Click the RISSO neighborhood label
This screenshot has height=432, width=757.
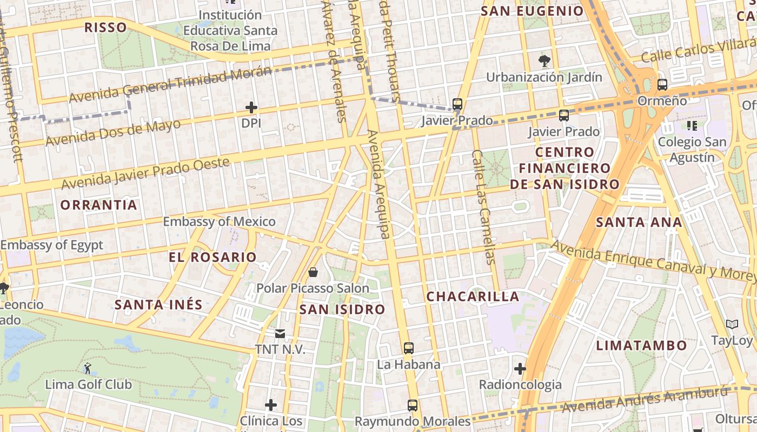pyautogui.click(x=105, y=28)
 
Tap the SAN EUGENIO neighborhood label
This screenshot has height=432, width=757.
pyautogui.click(x=532, y=11)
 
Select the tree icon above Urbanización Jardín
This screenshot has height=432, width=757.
pyautogui.click(x=544, y=60)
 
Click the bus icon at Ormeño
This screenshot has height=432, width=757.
pyautogui.click(x=662, y=85)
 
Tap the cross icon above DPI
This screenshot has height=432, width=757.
pyautogui.click(x=251, y=107)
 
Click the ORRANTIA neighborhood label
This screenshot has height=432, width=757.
pyautogui.click(x=98, y=205)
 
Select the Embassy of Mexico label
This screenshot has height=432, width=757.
pyautogui.click(x=219, y=221)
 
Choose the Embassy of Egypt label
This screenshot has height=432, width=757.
pyautogui.click(x=51, y=245)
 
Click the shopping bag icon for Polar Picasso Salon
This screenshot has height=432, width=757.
pyautogui.click(x=313, y=272)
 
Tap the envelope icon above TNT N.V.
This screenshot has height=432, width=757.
pyautogui.click(x=280, y=334)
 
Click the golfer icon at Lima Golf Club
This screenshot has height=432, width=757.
pyautogui.click(x=88, y=369)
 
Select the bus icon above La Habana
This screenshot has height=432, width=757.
pyautogui.click(x=409, y=348)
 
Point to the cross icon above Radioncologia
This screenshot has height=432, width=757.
pyautogui.click(x=520, y=369)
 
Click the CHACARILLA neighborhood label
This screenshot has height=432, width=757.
pyautogui.click(x=473, y=296)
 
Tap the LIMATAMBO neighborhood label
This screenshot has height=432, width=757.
pyautogui.click(x=641, y=345)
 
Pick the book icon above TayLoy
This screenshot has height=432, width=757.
pyautogui.click(x=732, y=325)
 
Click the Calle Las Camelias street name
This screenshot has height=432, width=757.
pyautogui.click(x=483, y=207)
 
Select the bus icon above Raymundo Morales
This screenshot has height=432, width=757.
pyautogui.click(x=413, y=405)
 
